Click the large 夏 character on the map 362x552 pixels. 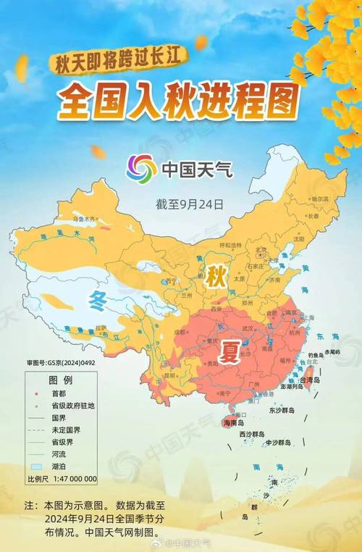[231, 353]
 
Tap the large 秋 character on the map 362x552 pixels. [214, 276]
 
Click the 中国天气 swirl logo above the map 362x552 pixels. [140, 170]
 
